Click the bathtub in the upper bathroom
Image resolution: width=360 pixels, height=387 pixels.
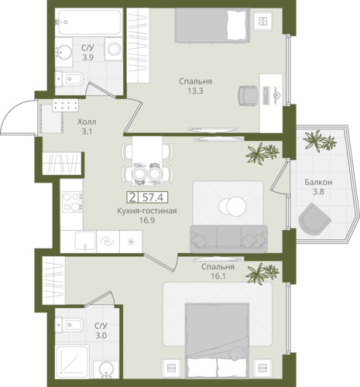tap(88, 22)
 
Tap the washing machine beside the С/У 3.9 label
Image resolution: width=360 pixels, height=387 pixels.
tap(114, 49)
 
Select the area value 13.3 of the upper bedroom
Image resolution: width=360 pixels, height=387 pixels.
tap(196, 91)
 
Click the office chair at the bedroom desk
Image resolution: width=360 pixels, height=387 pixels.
tap(248, 96)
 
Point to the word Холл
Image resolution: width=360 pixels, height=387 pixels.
tap(87, 122)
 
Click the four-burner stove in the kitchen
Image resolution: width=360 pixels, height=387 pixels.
tap(72, 201)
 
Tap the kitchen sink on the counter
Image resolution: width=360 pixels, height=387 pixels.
tap(85, 241)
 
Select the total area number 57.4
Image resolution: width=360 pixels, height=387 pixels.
tap(153, 197)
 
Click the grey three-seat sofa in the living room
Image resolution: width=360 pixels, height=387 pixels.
tap(229, 239)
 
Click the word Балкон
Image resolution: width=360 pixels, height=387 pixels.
tap(318, 182)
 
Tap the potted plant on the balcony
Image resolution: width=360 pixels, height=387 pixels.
tap(320, 141)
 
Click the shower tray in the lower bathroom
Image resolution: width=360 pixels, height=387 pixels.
tap(72, 360)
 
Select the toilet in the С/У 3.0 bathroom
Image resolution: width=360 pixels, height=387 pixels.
tap(70, 324)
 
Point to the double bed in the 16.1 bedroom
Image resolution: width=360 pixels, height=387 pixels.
tap(217, 341)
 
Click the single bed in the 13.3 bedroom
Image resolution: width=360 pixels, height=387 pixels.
tap(212, 26)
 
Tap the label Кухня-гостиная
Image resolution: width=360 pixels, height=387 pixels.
tap(147, 211)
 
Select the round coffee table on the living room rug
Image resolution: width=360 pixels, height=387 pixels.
tap(232, 207)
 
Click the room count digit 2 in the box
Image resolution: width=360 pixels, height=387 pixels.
tap(132, 197)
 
